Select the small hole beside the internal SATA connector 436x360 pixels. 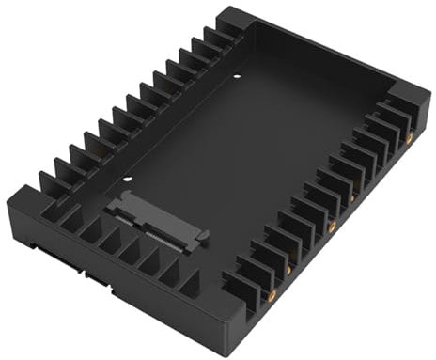(x=127, y=180)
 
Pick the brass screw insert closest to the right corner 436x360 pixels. (x=410, y=136)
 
